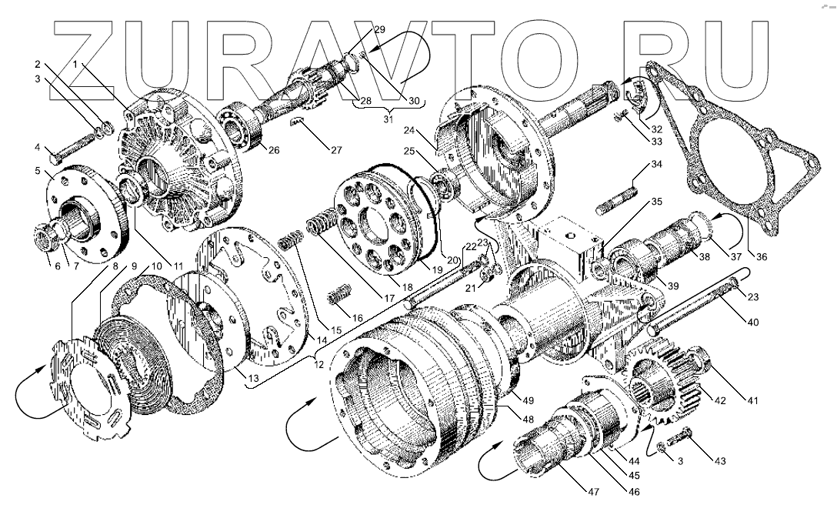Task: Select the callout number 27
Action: [x=336, y=149]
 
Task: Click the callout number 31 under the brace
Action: [x=389, y=119]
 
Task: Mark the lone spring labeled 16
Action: [x=337, y=295]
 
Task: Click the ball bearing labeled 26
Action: [x=245, y=128]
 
